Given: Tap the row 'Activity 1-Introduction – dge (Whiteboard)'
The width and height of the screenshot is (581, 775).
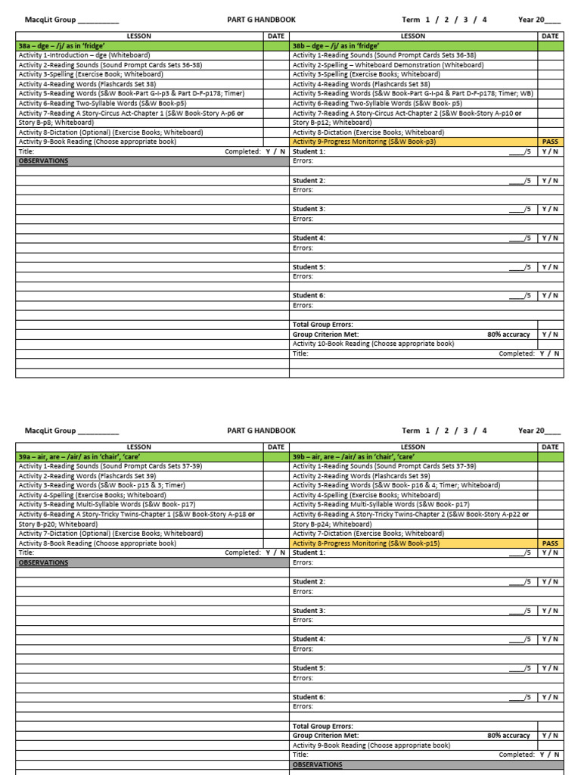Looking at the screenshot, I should (84, 55).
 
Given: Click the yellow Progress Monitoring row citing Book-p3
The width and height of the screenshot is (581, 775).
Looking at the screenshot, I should (364, 142).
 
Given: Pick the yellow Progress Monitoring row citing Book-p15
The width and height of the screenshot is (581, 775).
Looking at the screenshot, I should (366, 543).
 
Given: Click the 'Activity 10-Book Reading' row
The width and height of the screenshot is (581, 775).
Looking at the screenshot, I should (373, 344).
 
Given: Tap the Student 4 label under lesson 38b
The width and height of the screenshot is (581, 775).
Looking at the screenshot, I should (309, 238).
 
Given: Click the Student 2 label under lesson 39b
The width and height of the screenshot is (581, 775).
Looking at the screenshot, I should (309, 582).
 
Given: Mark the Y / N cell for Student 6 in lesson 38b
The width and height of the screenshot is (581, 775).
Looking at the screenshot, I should (550, 296).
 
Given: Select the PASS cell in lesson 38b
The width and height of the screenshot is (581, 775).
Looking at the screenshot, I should (550, 142).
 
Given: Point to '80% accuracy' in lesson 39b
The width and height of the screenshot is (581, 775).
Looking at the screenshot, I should (508, 736).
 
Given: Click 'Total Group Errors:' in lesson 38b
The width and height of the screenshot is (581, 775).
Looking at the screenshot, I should (322, 325).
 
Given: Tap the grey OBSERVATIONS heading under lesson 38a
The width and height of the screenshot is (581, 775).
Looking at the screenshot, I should (43, 161).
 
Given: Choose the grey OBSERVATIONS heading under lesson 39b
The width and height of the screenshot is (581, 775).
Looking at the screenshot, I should (317, 765).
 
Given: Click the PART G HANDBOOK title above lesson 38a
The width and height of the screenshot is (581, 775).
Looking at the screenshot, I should (261, 20).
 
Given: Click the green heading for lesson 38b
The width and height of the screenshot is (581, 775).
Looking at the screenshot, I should (337, 46).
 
